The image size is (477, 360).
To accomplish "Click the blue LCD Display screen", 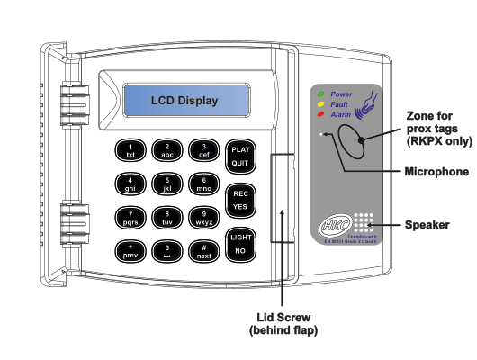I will coord(184,101).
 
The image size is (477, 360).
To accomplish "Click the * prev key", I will coord(130,249).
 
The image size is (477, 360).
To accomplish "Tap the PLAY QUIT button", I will coord(240,157).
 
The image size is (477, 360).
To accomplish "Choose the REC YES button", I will coord(240,200).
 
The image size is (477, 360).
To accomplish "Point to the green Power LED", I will coord(321,94).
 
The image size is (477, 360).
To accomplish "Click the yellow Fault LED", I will coord(321,104).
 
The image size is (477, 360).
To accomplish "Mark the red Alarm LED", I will coord(321,115).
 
